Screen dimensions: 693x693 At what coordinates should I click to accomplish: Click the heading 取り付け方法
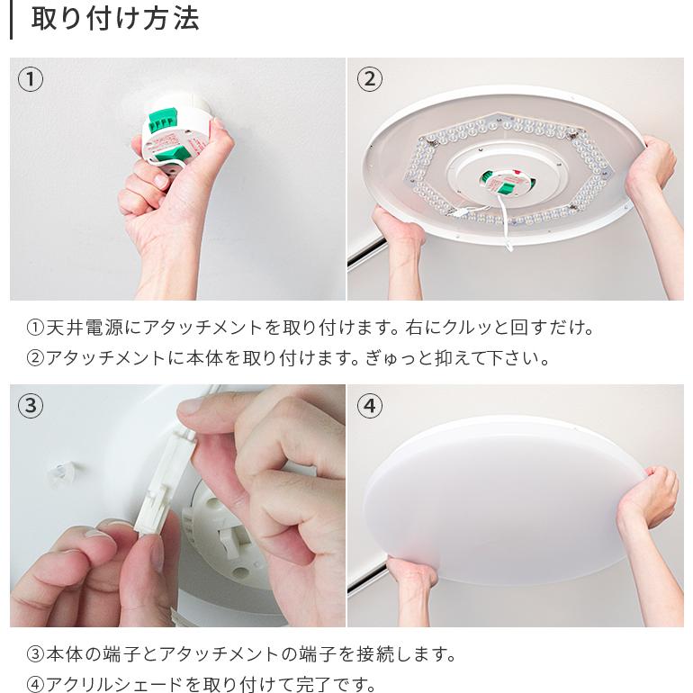[x=114, y=19]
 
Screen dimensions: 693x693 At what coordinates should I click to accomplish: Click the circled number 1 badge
[x=31, y=79]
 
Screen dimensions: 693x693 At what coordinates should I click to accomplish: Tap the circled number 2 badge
[x=369, y=79]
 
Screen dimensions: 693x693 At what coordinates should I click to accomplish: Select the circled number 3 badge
[x=31, y=406]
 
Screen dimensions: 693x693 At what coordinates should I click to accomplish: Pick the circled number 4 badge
[x=369, y=406]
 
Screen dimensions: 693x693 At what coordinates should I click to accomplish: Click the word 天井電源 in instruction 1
[x=81, y=328]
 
